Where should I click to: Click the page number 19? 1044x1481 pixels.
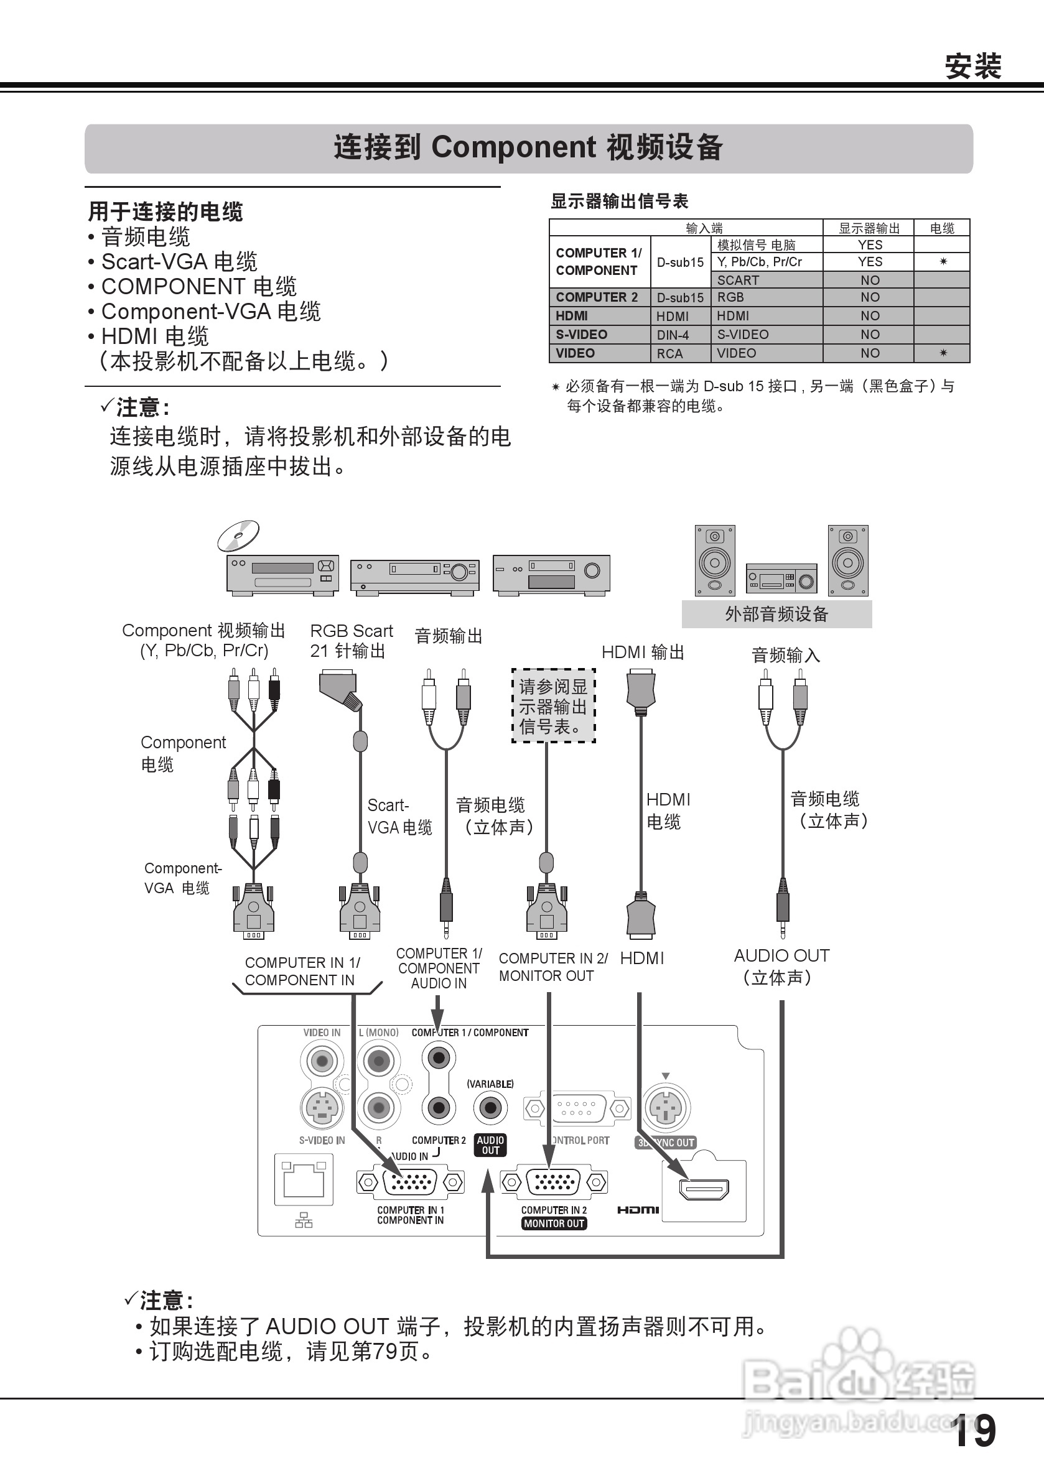[974, 1431]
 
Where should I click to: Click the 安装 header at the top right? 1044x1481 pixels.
[972, 67]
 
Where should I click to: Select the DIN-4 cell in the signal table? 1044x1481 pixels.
[673, 335]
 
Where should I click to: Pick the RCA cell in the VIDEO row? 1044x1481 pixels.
[669, 353]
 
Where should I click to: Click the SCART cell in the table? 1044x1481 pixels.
[738, 280]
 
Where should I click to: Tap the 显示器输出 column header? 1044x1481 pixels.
[869, 228]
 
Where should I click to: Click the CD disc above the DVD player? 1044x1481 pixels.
[238, 536]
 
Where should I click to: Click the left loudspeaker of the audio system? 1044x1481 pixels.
[714, 560]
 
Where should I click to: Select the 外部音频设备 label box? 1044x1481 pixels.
[776, 613]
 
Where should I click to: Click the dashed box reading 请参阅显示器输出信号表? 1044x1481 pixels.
[553, 707]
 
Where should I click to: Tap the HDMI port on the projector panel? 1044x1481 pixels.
[704, 1188]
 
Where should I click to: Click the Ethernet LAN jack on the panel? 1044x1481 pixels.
[304, 1179]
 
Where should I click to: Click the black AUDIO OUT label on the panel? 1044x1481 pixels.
[490, 1145]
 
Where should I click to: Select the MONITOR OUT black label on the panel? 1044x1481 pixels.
[554, 1223]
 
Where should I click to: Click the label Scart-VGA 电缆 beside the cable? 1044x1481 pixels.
[399, 817]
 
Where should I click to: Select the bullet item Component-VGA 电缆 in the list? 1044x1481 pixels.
[210, 312]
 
